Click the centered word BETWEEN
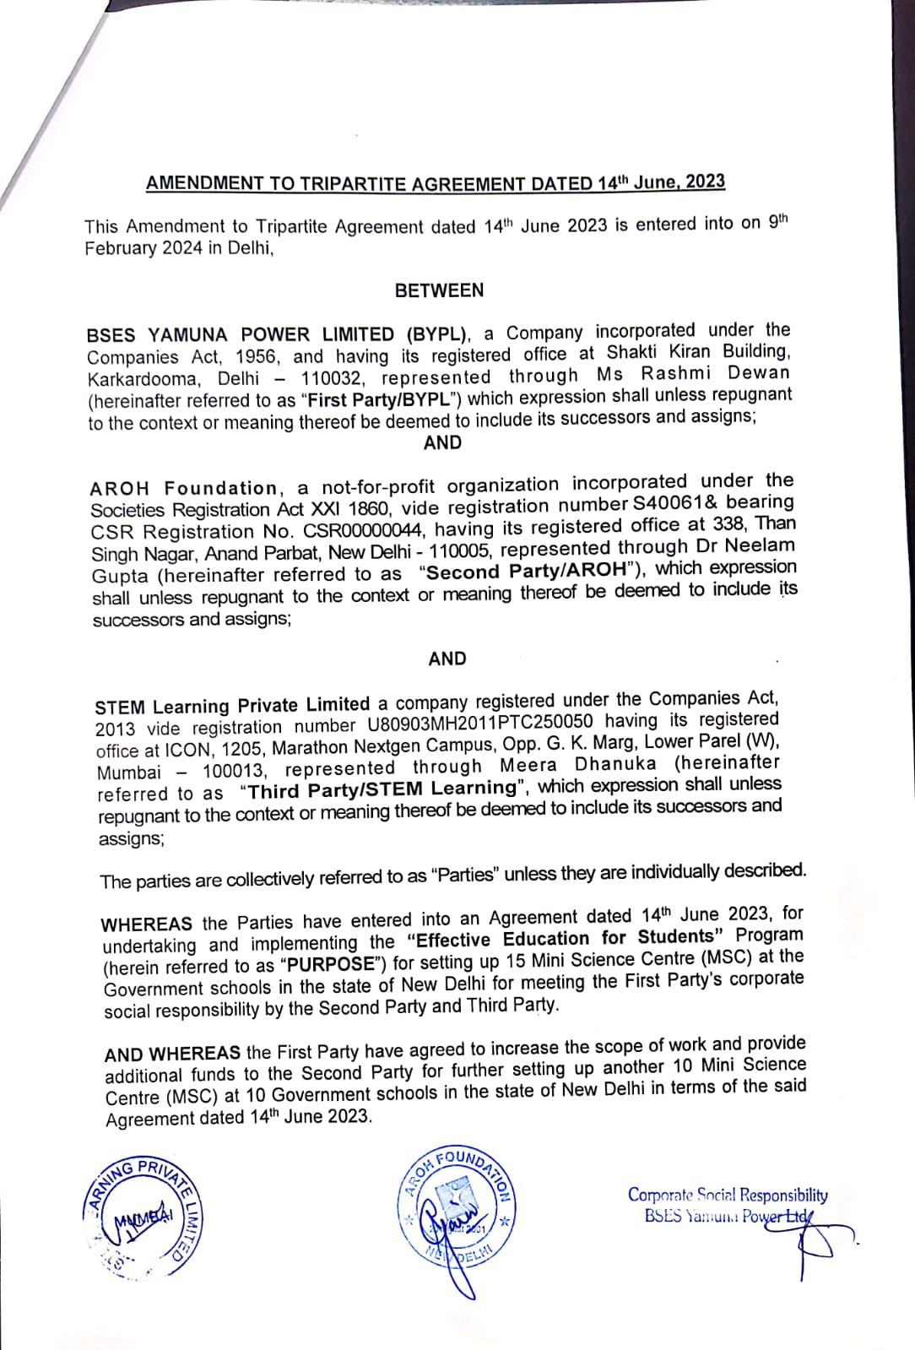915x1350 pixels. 439,290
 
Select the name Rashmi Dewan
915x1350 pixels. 715,373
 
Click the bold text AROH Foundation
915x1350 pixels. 184,489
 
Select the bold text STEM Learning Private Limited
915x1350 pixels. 232,706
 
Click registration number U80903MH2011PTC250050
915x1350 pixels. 479,723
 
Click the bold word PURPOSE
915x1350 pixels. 331,964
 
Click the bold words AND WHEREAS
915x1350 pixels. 172,1055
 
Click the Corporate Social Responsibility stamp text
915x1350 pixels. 727,1195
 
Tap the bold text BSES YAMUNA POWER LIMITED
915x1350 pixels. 241,334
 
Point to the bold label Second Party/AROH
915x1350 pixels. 528,572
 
